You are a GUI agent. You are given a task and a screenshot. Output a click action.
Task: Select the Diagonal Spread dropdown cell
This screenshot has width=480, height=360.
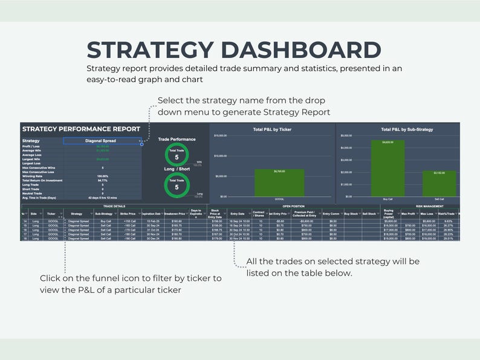coord(100,141)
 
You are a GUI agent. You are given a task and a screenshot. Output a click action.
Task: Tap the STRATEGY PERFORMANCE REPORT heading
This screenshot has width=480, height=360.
coord(81,129)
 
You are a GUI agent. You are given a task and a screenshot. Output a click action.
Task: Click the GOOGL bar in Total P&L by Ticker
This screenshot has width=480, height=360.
coord(279,182)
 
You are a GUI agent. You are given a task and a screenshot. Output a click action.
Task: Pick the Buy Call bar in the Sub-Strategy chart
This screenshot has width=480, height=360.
coord(388,169)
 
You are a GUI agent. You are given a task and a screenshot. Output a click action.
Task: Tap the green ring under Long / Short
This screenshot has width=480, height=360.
coord(177,187)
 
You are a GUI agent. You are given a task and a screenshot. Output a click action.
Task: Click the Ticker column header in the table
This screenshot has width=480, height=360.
coord(51,214)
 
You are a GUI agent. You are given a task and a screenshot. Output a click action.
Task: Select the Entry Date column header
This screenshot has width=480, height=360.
coord(238,214)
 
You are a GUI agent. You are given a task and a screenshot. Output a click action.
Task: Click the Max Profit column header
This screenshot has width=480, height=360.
coord(408,214)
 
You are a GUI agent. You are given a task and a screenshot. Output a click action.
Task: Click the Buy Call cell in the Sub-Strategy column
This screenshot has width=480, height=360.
coord(106,222)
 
